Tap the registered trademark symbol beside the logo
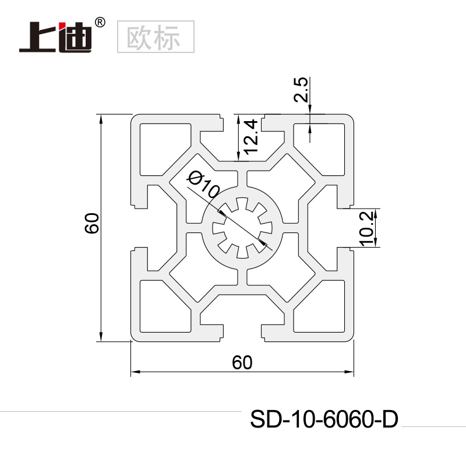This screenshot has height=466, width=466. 100,23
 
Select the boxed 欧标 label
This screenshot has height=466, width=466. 156,37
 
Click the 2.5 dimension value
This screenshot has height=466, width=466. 301,90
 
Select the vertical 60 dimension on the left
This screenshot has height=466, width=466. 92,223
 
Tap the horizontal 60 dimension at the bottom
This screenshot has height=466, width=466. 242,362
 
